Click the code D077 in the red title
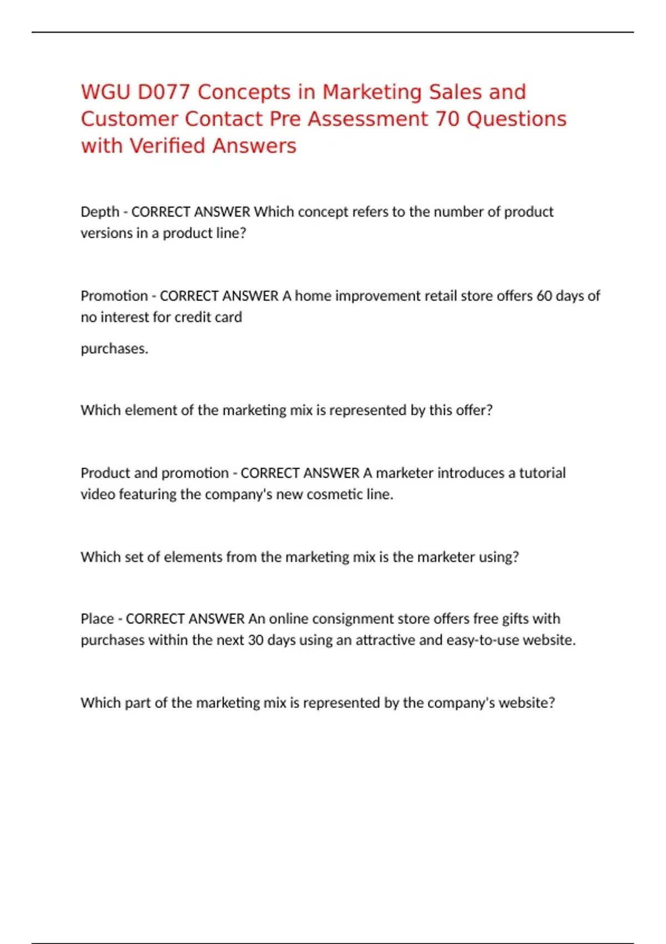(x=164, y=92)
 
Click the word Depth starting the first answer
(x=100, y=212)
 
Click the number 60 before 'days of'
(x=544, y=296)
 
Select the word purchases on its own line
(x=114, y=349)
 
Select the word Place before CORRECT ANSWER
(x=97, y=619)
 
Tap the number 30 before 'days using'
(x=255, y=640)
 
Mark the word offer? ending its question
(x=474, y=410)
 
